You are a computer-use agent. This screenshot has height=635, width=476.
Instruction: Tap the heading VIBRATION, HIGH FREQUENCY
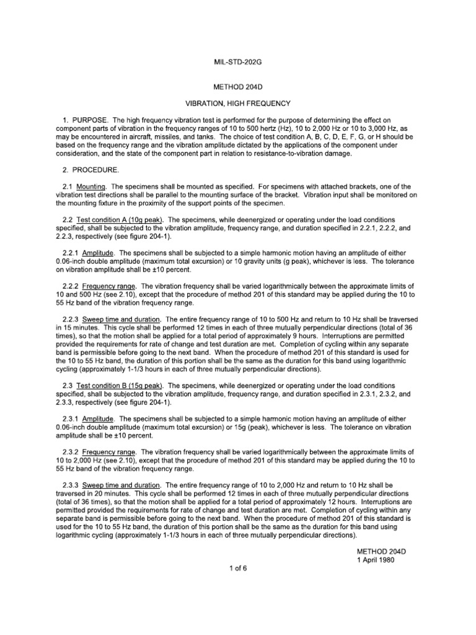click(x=239, y=102)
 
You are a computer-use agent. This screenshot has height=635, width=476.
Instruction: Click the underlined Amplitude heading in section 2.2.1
click(x=99, y=253)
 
